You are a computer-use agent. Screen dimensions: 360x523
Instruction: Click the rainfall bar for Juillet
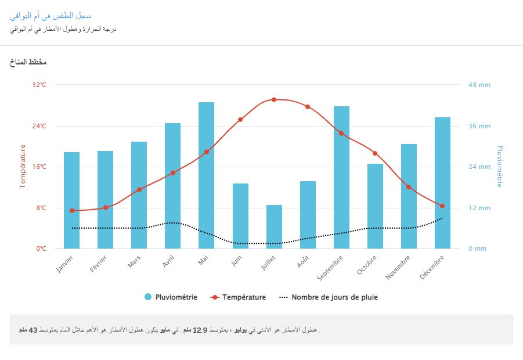click(274, 226)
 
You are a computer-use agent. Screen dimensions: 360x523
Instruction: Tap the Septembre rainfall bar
click(341, 177)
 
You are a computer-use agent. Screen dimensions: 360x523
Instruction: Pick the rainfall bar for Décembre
click(442, 183)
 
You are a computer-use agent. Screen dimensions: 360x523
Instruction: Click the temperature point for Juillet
click(274, 100)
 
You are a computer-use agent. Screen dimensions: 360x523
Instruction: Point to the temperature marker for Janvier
click(72, 210)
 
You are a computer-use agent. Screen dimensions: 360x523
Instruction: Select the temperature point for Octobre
click(375, 153)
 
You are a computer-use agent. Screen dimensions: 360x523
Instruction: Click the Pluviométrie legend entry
click(171, 297)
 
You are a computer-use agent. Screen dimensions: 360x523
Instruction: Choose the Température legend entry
click(239, 297)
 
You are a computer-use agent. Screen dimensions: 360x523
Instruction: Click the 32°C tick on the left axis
click(39, 85)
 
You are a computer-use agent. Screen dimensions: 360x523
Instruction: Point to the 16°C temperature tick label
click(39, 167)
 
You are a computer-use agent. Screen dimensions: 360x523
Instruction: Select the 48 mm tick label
click(479, 85)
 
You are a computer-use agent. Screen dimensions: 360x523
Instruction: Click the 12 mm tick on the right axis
click(479, 208)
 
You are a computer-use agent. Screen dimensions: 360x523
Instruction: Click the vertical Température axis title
click(23, 167)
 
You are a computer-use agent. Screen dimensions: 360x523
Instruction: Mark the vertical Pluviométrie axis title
click(499, 167)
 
